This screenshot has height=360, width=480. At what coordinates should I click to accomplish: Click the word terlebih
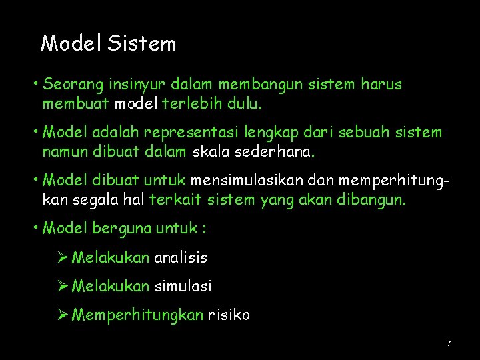[193, 104]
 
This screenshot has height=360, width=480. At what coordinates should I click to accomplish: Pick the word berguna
[121, 228]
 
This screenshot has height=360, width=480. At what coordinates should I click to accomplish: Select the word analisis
[181, 257]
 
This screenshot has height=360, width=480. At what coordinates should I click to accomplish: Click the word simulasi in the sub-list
[183, 286]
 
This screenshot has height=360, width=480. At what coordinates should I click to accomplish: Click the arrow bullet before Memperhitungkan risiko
[63, 315]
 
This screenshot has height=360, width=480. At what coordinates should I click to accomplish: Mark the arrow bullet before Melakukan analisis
[63, 257]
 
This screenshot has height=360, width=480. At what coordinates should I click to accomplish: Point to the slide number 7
[449, 343]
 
